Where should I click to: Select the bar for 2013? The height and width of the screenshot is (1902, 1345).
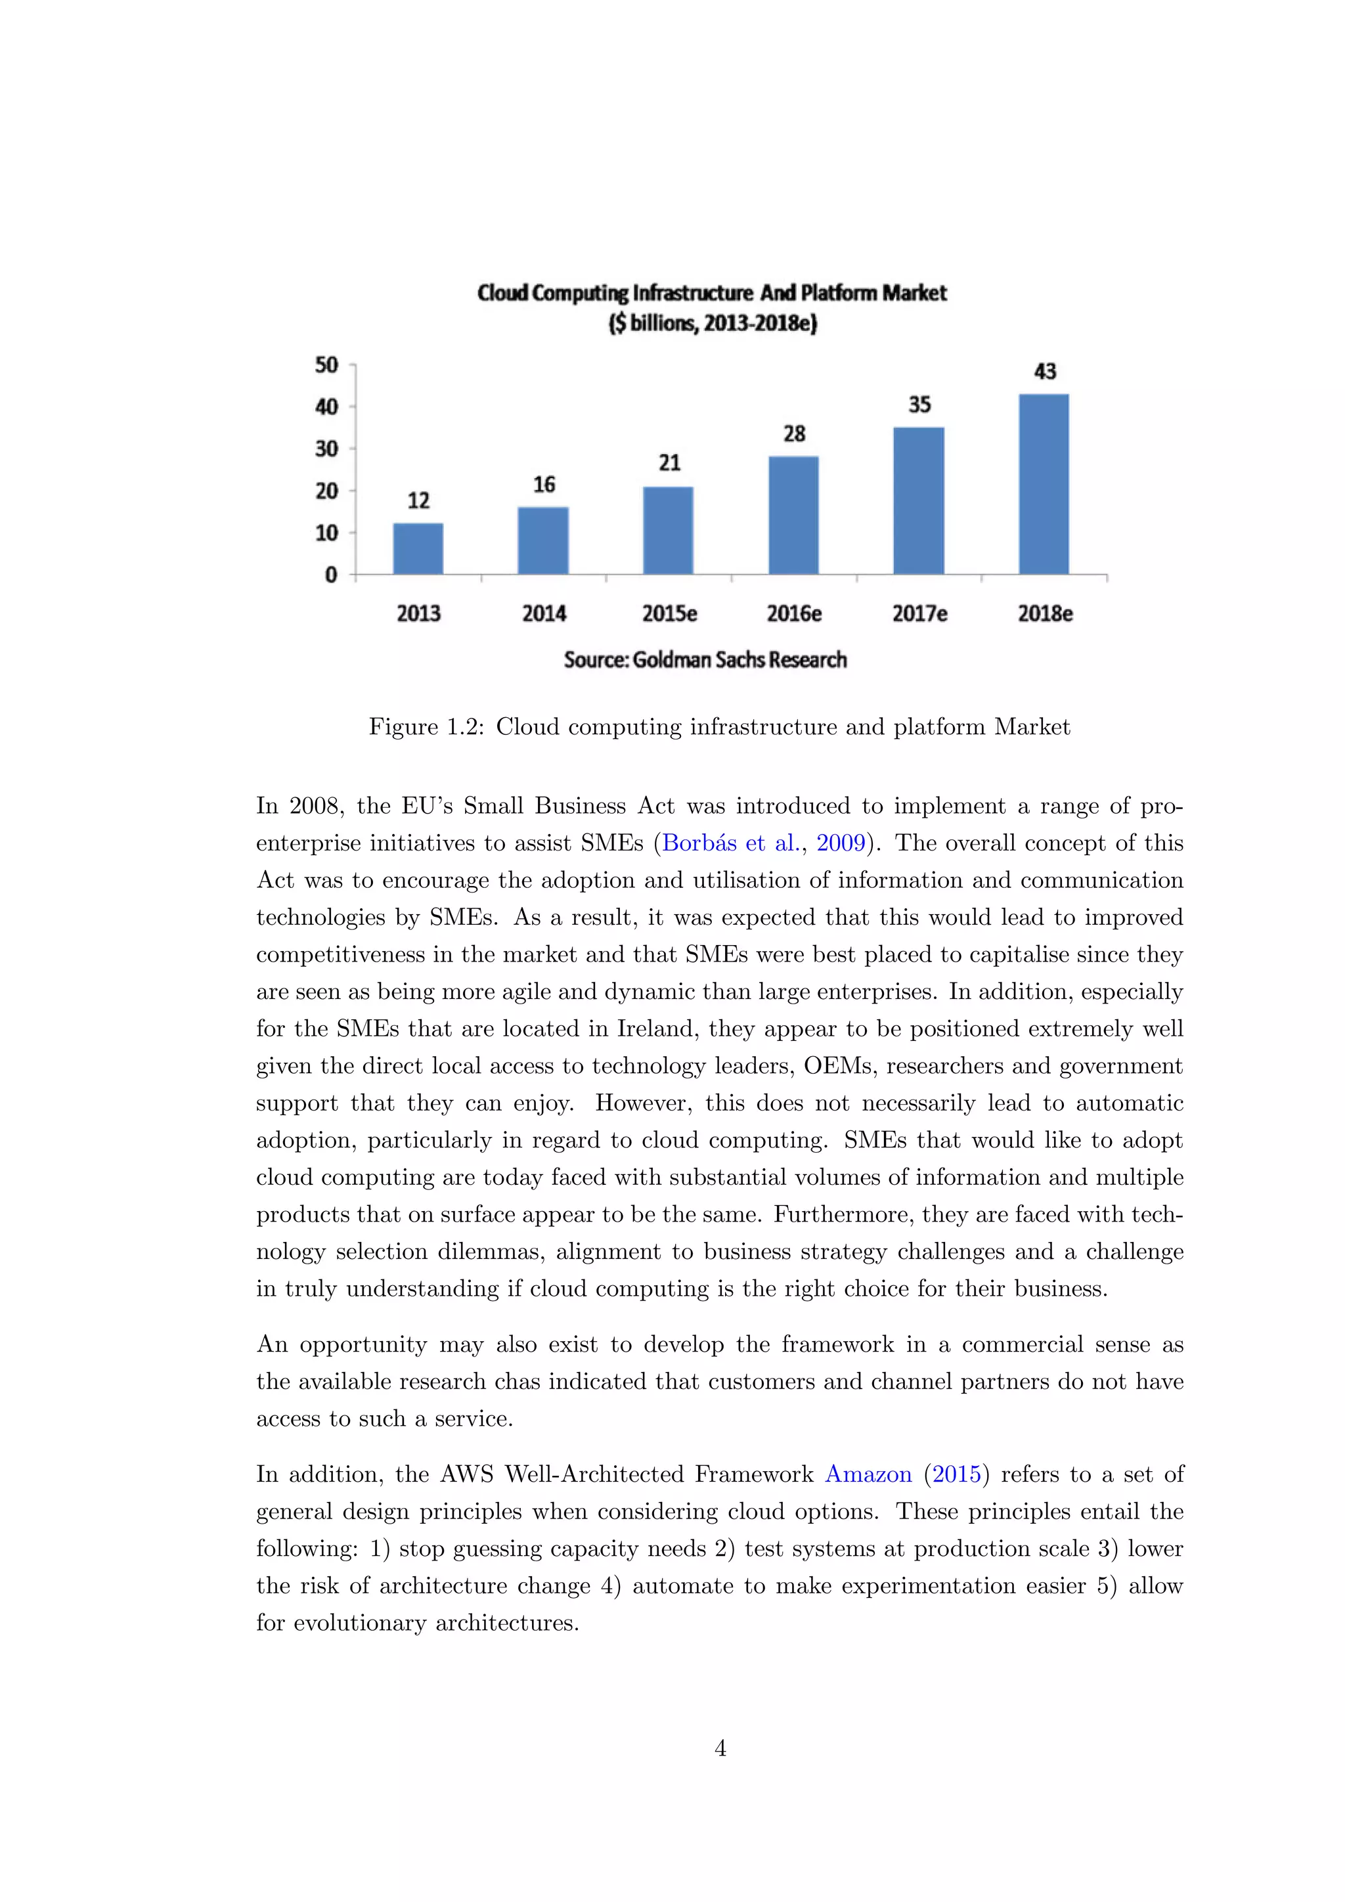click(418, 548)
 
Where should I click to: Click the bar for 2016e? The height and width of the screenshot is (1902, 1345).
click(793, 516)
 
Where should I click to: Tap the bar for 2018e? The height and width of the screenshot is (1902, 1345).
click(1044, 484)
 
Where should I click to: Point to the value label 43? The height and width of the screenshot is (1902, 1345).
click(1045, 371)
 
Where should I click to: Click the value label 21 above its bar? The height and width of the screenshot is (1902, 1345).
click(669, 462)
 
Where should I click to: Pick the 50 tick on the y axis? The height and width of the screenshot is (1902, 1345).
click(327, 365)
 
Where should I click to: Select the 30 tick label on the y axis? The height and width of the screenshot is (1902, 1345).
click(327, 449)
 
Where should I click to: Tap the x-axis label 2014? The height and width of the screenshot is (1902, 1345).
click(544, 614)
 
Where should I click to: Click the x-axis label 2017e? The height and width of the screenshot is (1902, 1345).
click(919, 614)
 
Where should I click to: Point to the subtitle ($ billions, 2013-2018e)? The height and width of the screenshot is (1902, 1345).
click(713, 323)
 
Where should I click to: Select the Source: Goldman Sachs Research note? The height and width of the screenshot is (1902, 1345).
click(705, 660)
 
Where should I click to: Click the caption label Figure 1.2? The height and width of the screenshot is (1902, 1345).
click(426, 727)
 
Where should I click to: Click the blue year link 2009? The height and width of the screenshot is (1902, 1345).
click(841, 843)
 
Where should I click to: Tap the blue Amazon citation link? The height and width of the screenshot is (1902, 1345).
click(868, 1474)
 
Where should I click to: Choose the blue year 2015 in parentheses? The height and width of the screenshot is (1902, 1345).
click(957, 1474)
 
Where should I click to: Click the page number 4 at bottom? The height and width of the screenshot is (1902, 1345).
click(720, 1748)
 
